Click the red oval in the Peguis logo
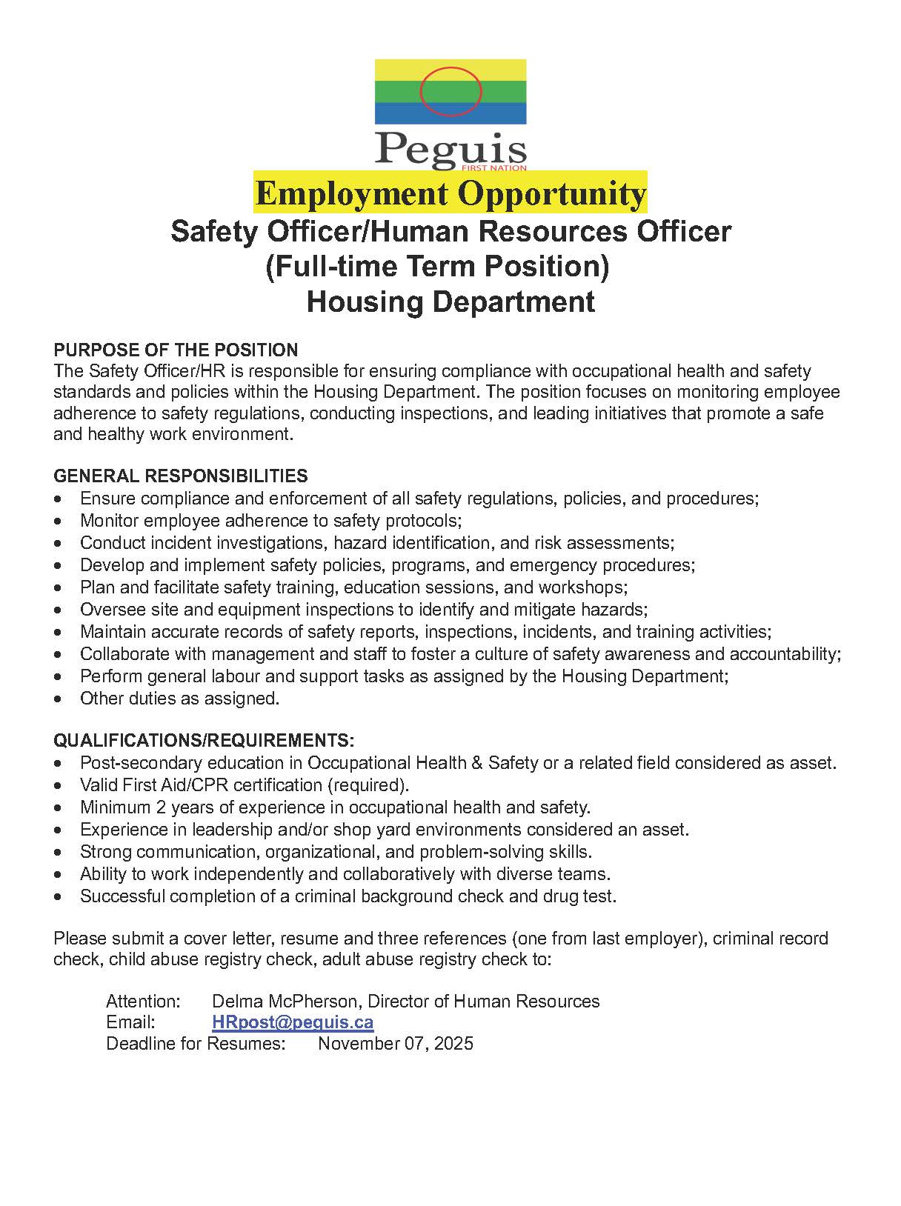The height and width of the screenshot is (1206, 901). point(450,91)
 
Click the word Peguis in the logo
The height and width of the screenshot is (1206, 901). point(450,147)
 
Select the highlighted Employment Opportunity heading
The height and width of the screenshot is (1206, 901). point(450,193)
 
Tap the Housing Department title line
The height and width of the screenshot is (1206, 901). point(450,302)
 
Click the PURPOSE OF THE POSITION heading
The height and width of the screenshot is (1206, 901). point(176,350)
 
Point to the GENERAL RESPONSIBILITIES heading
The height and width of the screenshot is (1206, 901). point(181,476)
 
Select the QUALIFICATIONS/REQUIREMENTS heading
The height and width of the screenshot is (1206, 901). point(204,741)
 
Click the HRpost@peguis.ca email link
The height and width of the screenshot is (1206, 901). point(293,1022)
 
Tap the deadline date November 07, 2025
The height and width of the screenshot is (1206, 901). point(396,1044)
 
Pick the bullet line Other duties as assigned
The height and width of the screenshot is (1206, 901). point(179,699)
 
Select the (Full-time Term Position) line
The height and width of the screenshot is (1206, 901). point(437,267)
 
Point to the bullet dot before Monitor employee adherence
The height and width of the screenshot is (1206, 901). point(59,522)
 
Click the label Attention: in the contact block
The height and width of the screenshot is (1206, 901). point(143,1002)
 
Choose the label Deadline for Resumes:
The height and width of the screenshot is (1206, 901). point(196,1044)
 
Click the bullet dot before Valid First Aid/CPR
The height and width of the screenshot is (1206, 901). point(59,785)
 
